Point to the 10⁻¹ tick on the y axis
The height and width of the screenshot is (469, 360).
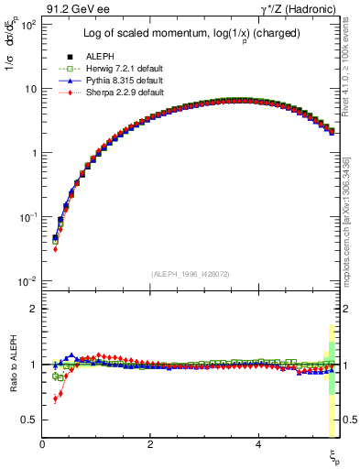point(29,217)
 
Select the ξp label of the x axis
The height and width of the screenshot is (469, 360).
point(334,455)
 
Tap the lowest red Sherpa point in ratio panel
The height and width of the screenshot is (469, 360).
point(55,399)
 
